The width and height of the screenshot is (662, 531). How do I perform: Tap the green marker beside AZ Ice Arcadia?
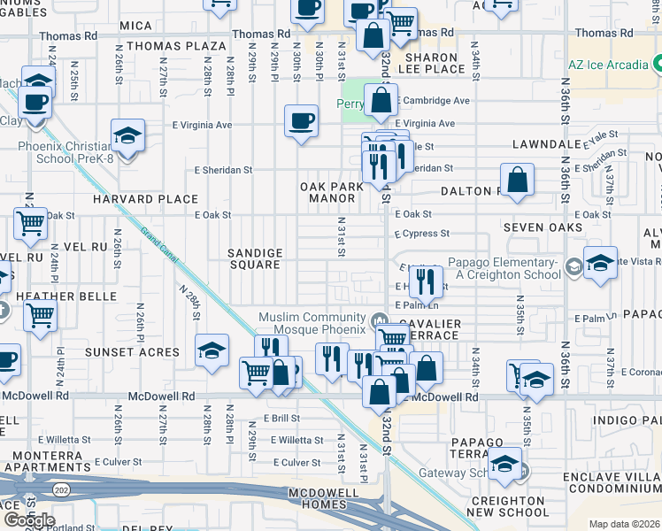click(x=658, y=65)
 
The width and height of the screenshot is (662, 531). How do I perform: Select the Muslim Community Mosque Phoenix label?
click(x=312, y=324)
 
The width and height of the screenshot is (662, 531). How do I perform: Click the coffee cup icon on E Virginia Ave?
click(x=301, y=119)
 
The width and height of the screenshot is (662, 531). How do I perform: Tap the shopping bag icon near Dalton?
click(x=518, y=179)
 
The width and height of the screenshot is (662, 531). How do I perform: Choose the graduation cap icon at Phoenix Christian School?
click(x=127, y=135)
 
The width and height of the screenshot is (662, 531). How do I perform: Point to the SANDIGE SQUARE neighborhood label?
click(x=256, y=258)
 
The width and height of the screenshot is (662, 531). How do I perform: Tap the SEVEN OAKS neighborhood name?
click(x=543, y=227)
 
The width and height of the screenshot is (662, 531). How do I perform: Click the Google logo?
click(x=28, y=519)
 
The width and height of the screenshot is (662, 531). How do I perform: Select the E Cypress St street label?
click(x=422, y=234)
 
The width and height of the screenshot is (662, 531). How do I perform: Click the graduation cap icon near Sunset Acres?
click(x=212, y=350)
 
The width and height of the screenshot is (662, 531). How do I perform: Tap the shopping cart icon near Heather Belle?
click(x=40, y=313)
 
